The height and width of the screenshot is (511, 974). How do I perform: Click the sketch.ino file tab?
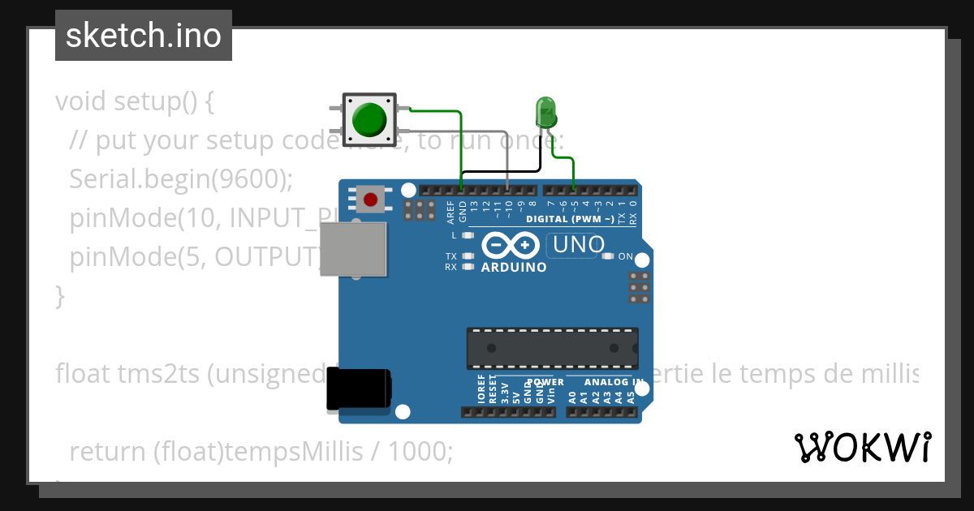point(144,36)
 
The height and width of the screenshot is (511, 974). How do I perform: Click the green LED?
point(545,110)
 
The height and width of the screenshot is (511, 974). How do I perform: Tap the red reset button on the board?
point(371,199)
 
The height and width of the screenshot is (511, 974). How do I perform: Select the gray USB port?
point(353,248)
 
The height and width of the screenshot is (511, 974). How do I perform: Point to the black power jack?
point(358,389)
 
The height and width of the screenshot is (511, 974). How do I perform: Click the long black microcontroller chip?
point(552,347)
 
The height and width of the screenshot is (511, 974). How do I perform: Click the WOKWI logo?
point(861,447)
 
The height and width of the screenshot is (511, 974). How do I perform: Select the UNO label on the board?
point(578,244)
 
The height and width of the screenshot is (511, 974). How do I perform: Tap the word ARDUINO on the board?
point(513,267)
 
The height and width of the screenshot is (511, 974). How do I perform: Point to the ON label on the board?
point(626,256)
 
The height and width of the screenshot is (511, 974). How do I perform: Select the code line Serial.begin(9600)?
point(180,179)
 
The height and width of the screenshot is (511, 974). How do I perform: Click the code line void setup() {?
point(135,101)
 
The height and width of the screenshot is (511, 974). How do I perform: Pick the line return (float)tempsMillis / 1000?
point(261,451)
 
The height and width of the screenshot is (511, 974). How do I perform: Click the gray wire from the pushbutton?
point(508,154)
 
